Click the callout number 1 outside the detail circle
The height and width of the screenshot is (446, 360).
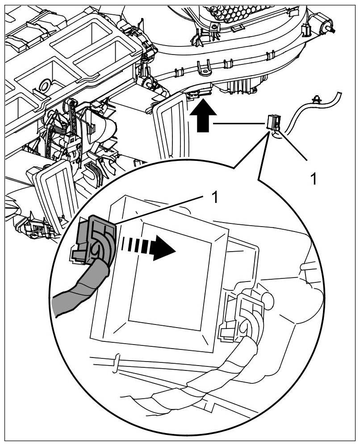tap(314, 179)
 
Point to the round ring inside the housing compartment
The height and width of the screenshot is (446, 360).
tap(45, 84)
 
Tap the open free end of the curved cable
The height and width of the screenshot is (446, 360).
tap(338, 93)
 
